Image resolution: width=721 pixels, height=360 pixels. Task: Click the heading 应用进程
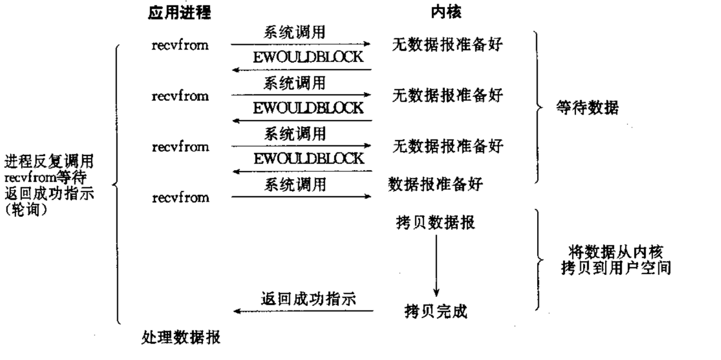click(x=179, y=14)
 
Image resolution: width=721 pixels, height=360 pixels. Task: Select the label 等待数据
click(x=587, y=108)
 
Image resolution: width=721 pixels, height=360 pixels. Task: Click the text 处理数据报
click(x=182, y=338)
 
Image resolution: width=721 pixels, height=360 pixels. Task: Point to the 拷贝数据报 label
click(x=435, y=224)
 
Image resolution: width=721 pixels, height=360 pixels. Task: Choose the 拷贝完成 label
click(x=436, y=311)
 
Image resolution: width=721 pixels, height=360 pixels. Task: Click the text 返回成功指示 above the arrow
click(x=308, y=299)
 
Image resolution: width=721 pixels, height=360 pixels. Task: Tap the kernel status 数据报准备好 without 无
click(x=435, y=184)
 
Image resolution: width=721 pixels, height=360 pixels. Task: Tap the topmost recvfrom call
click(x=180, y=45)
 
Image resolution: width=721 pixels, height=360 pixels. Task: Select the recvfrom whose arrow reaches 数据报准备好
click(x=180, y=197)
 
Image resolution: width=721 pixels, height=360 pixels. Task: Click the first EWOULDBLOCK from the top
click(x=308, y=58)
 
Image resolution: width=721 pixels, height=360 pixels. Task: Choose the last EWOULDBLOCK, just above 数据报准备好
click(x=308, y=158)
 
